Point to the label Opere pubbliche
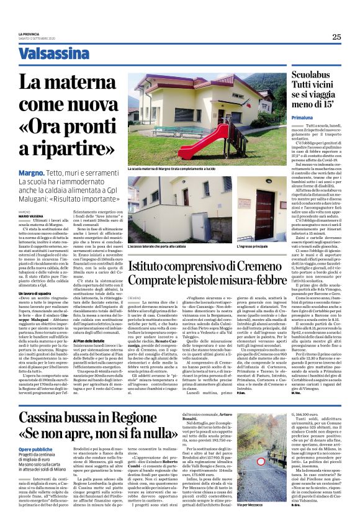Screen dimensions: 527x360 [53, 413]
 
